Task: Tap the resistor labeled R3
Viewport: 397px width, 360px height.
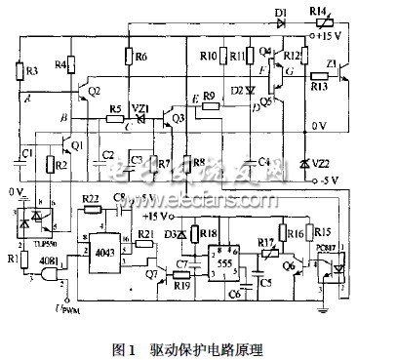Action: pos(18,69)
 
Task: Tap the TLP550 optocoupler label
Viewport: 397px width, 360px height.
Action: pos(36,241)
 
